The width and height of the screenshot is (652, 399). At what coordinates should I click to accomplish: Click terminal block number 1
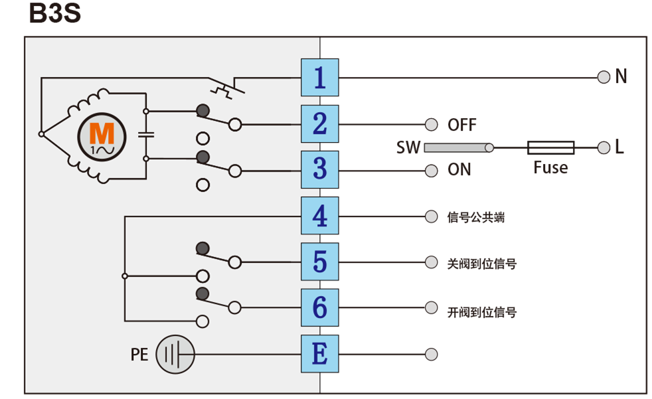320,77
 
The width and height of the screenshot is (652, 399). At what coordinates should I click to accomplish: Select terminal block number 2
320,124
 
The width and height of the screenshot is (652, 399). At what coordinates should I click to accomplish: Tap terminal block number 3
320,169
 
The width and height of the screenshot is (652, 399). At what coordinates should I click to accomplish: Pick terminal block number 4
320,216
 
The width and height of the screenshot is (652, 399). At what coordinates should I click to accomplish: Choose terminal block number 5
320,262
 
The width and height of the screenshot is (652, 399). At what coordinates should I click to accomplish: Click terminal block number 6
320,307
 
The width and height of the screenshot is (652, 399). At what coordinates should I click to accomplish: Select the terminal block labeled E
320,354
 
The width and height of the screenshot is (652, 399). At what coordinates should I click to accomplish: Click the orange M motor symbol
102,137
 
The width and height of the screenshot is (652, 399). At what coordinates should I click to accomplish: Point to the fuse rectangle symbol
550,147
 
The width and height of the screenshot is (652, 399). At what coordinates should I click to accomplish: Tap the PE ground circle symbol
175,355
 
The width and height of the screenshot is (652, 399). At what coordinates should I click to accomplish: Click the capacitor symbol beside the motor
146,135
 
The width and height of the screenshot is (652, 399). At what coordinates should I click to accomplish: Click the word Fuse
550,167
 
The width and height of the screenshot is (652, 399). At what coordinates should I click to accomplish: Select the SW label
408,147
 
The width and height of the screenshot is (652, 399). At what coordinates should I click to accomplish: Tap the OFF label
462,125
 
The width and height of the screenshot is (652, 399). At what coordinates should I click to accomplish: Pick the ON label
459,169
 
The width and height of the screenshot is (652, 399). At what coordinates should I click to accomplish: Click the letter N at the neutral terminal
621,76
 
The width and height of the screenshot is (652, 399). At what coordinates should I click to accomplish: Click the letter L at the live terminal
619,147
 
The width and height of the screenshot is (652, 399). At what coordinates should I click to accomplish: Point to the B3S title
55,13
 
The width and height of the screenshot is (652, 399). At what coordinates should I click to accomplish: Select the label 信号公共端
475,217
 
